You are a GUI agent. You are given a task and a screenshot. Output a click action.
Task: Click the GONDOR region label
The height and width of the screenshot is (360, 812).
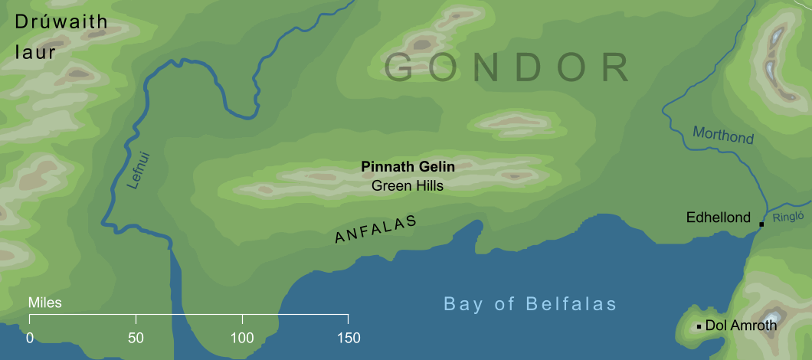click(507, 67)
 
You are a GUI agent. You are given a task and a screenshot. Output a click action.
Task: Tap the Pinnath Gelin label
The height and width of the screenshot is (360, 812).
click(408, 167)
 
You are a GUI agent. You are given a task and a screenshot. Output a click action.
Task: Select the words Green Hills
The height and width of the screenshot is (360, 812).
click(408, 185)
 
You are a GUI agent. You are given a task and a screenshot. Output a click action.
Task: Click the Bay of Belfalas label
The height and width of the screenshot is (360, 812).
click(530, 304)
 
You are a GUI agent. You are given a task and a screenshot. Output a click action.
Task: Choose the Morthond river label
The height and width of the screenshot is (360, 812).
click(723, 136)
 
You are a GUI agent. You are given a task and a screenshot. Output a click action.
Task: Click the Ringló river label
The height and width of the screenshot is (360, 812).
click(788, 216)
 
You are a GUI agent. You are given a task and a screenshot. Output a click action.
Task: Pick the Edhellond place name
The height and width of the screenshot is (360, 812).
click(719, 218)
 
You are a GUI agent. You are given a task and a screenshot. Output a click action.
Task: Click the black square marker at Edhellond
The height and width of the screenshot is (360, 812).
click(761, 224)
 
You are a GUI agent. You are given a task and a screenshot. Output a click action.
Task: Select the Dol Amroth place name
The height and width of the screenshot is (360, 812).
click(741, 326)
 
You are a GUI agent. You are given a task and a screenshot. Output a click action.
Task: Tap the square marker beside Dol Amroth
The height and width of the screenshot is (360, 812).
click(699, 326)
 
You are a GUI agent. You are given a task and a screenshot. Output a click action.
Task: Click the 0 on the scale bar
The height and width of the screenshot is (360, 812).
click(30, 338)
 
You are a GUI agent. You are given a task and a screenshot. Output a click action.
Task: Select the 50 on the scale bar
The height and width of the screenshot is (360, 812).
click(136, 338)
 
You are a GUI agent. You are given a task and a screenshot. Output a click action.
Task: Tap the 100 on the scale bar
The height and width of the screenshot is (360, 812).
click(242, 338)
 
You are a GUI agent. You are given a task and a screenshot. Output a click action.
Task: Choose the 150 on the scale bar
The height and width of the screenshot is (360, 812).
click(348, 338)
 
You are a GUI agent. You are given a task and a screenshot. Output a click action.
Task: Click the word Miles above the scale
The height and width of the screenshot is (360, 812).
click(44, 303)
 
